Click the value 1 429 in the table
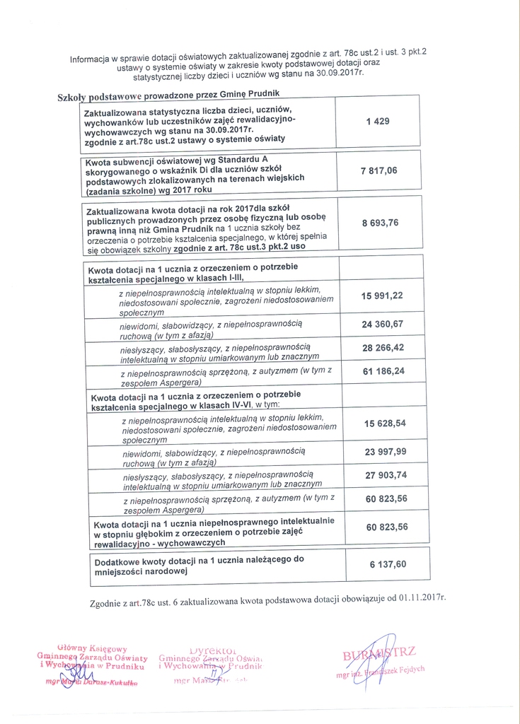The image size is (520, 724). coord(378,122)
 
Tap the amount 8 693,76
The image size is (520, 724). coord(380,223)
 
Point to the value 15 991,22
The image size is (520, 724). coord(383,296)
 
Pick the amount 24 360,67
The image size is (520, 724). coord(383,324)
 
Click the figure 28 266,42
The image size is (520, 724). coord(383,349)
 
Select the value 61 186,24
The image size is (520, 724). coord(383,371)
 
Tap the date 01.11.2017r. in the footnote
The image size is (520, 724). coord(421,597)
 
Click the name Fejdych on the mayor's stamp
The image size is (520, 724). coord(410,669)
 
